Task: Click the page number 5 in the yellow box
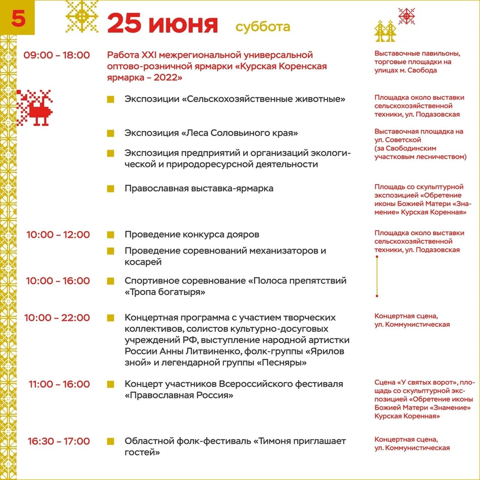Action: click(18, 18)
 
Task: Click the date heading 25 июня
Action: click(162, 24)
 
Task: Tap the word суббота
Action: click(262, 27)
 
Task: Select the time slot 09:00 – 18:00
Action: click(57, 55)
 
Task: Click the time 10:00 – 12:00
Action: click(58, 235)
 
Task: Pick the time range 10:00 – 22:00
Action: click(57, 318)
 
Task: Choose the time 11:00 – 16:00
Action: click(59, 384)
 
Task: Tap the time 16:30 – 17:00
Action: click(59, 441)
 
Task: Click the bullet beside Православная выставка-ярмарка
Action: click(110, 189)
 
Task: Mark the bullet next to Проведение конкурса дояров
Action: click(110, 235)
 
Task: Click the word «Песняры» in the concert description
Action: click(282, 363)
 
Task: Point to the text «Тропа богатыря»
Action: click(165, 292)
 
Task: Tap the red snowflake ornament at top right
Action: click(406, 16)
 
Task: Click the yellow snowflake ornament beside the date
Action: click(82, 16)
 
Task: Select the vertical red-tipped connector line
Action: click(377, 276)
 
